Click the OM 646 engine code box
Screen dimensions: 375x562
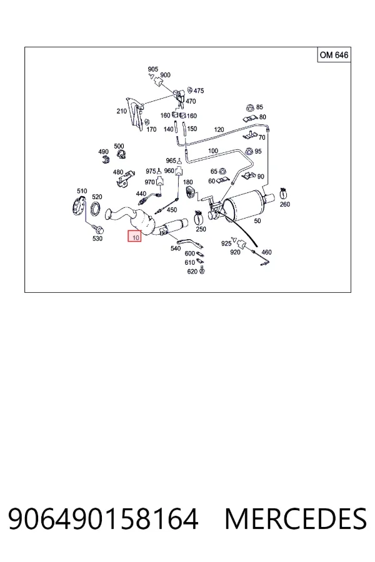tap(334, 55)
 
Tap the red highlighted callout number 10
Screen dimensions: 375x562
tap(134, 236)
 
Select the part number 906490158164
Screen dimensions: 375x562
tap(103, 519)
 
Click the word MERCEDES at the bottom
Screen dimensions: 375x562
tap(296, 519)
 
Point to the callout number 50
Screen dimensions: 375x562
tap(257, 221)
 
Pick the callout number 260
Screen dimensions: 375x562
tap(284, 204)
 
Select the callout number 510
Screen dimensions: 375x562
tap(82, 190)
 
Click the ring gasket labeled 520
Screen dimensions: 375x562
tap(96, 209)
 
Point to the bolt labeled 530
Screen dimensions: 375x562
tap(97, 228)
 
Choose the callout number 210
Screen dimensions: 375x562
tap(122, 111)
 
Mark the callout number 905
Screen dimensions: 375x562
tap(153, 69)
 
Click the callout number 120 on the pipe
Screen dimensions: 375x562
tap(219, 130)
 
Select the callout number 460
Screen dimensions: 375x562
tap(266, 252)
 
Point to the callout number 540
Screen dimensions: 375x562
tap(176, 248)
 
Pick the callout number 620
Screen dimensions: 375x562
tap(192, 272)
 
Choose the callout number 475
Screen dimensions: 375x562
tap(199, 91)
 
